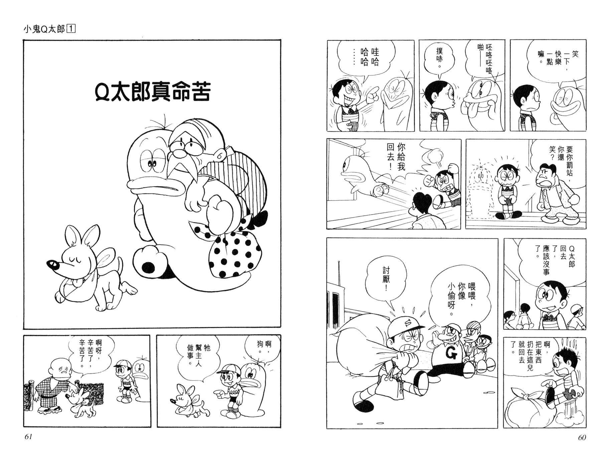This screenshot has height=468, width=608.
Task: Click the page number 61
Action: coord(28,438)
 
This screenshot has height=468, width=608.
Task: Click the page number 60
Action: coord(582,438)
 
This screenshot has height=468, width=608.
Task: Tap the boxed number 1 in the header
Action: coord(71,29)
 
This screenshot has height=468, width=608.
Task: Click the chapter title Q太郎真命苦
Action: coord(152,91)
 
